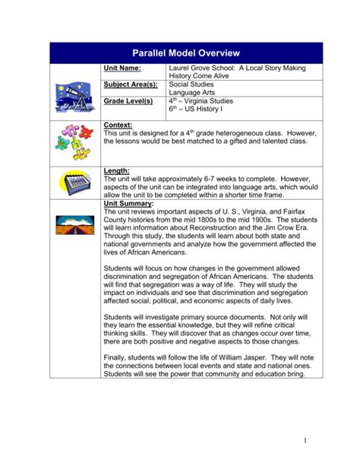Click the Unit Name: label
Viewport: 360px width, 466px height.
pyautogui.click(x=124, y=68)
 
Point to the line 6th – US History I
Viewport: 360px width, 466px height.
pyautogui.click(x=198, y=109)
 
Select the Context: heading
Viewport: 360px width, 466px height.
pyautogui.click(x=118, y=124)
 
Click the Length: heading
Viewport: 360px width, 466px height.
pyautogui.click(x=116, y=171)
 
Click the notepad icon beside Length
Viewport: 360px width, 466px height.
pyautogui.click(x=74, y=182)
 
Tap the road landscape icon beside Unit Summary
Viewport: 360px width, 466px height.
pyautogui.click(x=74, y=223)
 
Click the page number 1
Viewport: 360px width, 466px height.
pyautogui.click(x=303, y=440)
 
